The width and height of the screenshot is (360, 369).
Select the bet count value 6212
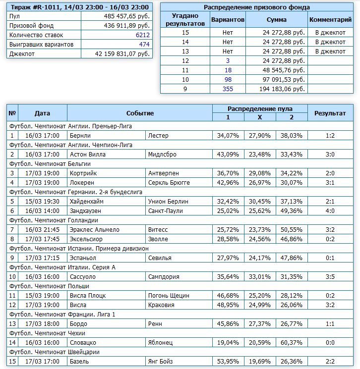142,35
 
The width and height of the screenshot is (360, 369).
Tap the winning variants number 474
144,45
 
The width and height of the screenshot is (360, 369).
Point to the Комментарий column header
330,20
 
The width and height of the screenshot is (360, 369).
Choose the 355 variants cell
228,89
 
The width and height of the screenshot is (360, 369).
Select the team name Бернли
80,135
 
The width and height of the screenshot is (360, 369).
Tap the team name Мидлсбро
162,154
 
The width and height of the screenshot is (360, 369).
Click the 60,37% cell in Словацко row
292,342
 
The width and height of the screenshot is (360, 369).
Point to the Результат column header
330,113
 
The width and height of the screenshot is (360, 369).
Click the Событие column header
140,113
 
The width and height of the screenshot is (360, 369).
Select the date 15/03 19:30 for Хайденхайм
42,201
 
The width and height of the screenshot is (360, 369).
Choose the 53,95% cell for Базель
228,361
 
